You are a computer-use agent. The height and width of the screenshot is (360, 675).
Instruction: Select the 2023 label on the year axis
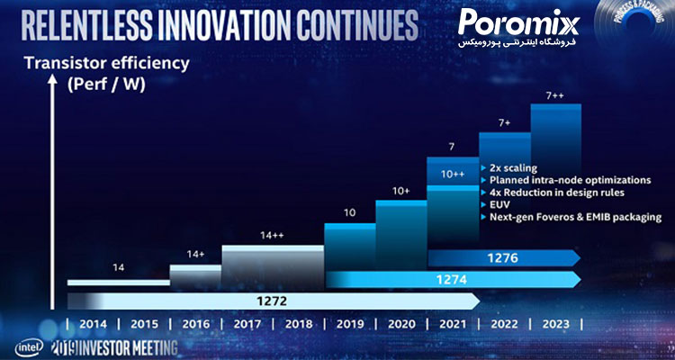[x=554, y=324]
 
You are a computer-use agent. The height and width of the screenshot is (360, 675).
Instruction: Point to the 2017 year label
[x=247, y=324]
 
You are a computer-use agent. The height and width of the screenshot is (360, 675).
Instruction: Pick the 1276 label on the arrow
[x=503, y=259]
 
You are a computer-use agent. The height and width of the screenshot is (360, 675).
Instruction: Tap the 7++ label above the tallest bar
[x=555, y=94]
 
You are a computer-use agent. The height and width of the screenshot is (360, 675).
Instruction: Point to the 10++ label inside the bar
[x=453, y=174]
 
